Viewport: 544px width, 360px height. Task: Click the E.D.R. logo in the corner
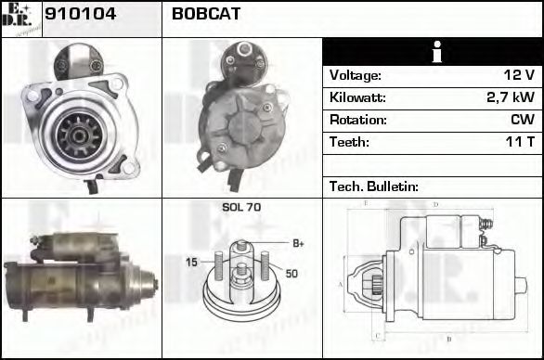click(20, 19)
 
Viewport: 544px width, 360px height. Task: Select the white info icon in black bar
click(432, 53)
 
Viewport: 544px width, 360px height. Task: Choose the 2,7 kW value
click(511, 97)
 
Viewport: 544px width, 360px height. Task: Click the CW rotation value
click(522, 120)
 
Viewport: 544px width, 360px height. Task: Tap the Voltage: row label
click(356, 76)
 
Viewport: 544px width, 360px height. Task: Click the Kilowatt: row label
click(357, 97)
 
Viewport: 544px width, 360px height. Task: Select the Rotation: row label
click(356, 120)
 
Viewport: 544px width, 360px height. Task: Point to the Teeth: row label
click(349, 142)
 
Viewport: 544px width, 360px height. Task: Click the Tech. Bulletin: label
click(373, 186)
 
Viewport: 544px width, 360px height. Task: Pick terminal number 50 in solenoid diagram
click(291, 274)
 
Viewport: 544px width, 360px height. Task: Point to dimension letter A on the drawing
click(341, 283)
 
